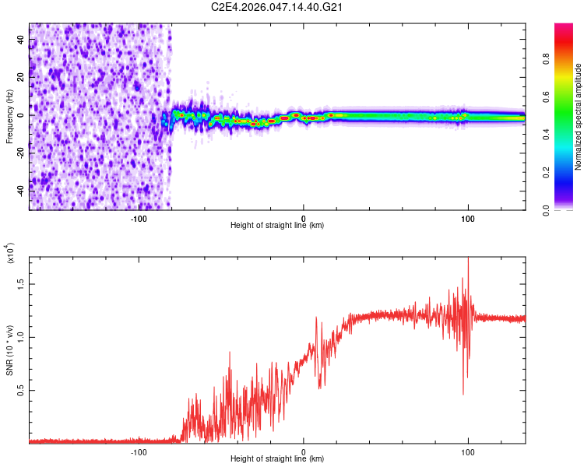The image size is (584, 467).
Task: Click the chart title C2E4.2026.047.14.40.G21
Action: [x=278, y=7]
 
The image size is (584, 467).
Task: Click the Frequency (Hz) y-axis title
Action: [x=9, y=116]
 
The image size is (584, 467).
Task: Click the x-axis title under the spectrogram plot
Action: [x=277, y=226]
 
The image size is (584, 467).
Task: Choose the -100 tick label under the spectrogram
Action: [x=139, y=218]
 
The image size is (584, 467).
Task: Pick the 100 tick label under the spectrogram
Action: [x=468, y=218]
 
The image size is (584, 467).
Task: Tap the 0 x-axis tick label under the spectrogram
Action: [x=304, y=218]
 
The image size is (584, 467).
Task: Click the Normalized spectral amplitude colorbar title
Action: [x=579, y=116]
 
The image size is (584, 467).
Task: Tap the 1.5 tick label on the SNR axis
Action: [x=20, y=285]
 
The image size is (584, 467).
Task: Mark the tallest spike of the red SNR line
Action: [x=468, y=260]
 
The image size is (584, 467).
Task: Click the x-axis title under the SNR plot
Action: [x=277, y=459]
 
